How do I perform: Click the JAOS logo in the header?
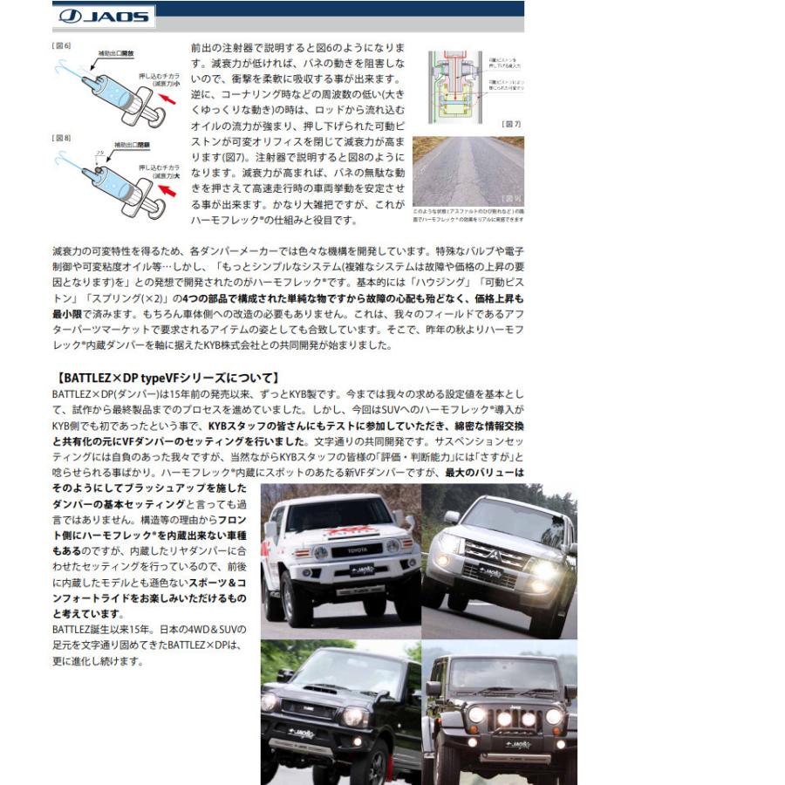coord(102,16)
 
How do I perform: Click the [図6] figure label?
coord(62,45)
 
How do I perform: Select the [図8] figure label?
coord(62,138)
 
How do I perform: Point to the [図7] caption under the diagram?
coord(511,124)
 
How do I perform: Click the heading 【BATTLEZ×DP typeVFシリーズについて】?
coord(166,378)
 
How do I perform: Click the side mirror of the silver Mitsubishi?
coord(451,517)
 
